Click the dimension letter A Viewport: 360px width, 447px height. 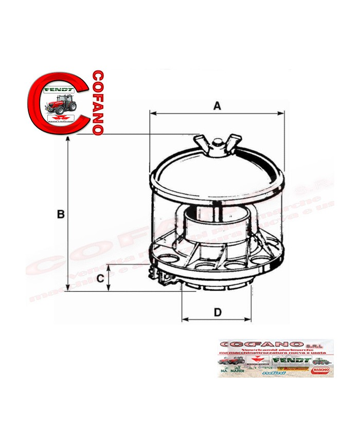click(217, 106)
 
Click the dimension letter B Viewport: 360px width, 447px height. click(61, 214)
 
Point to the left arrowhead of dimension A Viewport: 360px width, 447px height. click(152, 112)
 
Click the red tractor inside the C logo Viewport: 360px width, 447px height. click(61, 103)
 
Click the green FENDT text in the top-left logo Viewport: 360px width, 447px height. click(60, 90)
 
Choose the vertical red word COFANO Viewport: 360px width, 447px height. click(97, 103)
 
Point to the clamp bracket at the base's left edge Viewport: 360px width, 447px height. click(164, 275)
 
